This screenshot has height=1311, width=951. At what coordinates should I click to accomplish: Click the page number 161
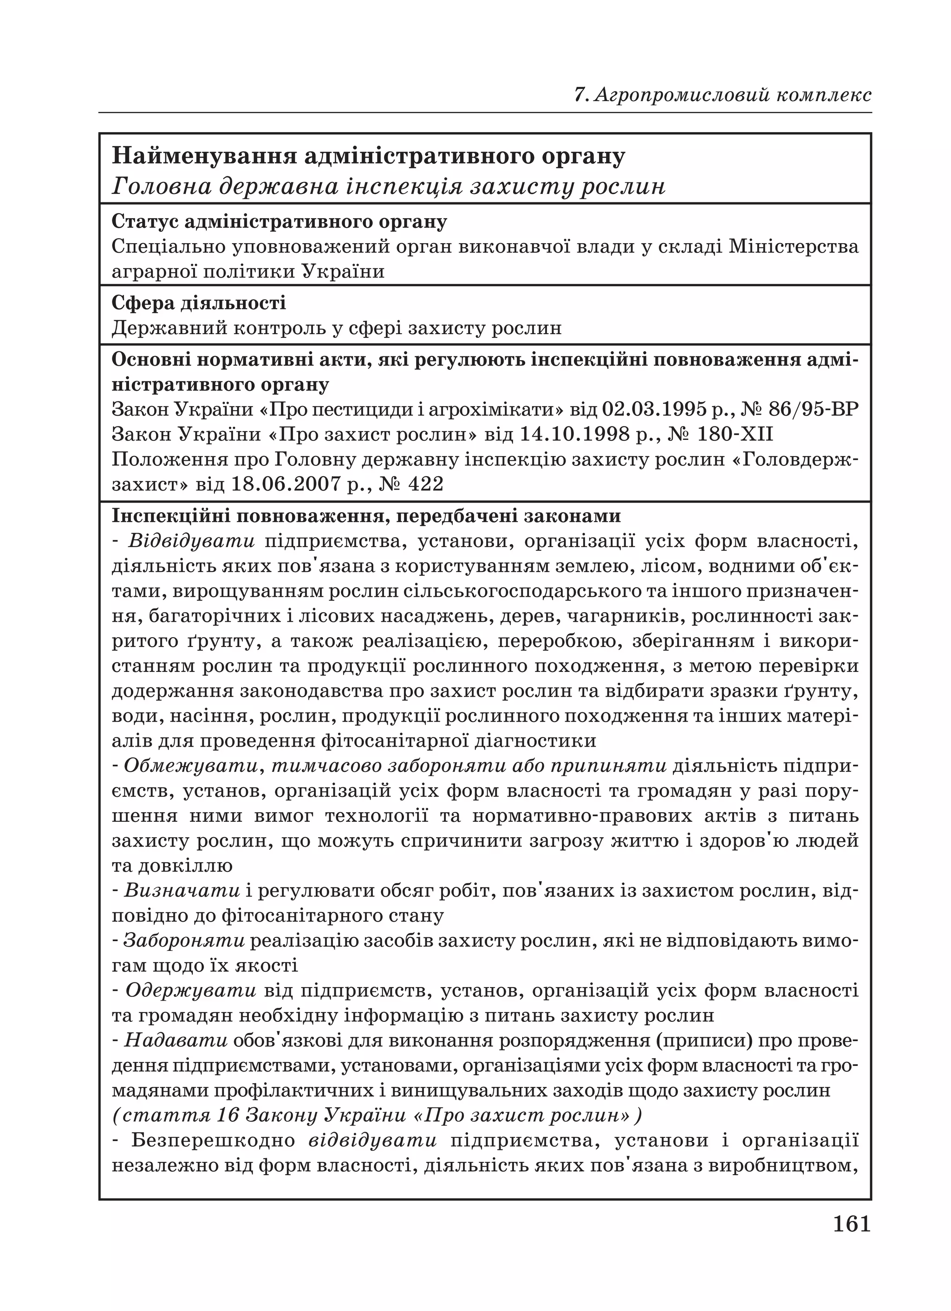pos(851,1225)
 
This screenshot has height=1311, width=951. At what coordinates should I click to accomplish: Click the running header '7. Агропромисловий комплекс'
pos(723,94)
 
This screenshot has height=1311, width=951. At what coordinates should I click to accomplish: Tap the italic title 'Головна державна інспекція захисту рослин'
pos(388,186)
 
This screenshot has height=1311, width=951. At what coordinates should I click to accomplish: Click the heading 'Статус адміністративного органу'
pos(279,221)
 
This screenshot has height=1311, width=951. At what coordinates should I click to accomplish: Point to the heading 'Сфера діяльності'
pos(198,303)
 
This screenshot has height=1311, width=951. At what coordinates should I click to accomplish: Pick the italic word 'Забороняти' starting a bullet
pos(184,941)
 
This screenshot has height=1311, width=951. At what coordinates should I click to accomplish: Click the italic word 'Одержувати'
pos(190,991)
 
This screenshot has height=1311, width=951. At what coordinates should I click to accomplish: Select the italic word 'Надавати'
pos(176,1040)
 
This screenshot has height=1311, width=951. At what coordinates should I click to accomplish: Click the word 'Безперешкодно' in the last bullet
pos(213,1141)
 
